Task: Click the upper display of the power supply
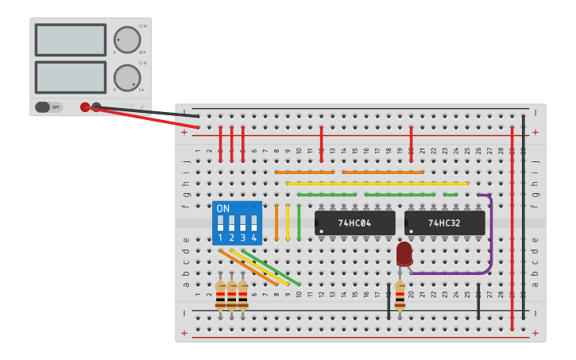(70, 40)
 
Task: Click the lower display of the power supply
(70, 77)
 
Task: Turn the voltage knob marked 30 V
(126, 40)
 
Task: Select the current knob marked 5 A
(126, 77)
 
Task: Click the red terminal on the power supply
(85, 107)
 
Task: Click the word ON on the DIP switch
(223, 208)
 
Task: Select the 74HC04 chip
(354, 223)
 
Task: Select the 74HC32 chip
(444, 223)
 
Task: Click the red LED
(404, 254)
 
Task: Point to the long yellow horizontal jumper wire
(377, 184)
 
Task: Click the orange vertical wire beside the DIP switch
(276, 223)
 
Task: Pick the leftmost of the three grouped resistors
(220, 295)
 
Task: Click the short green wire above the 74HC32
(450, 195)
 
